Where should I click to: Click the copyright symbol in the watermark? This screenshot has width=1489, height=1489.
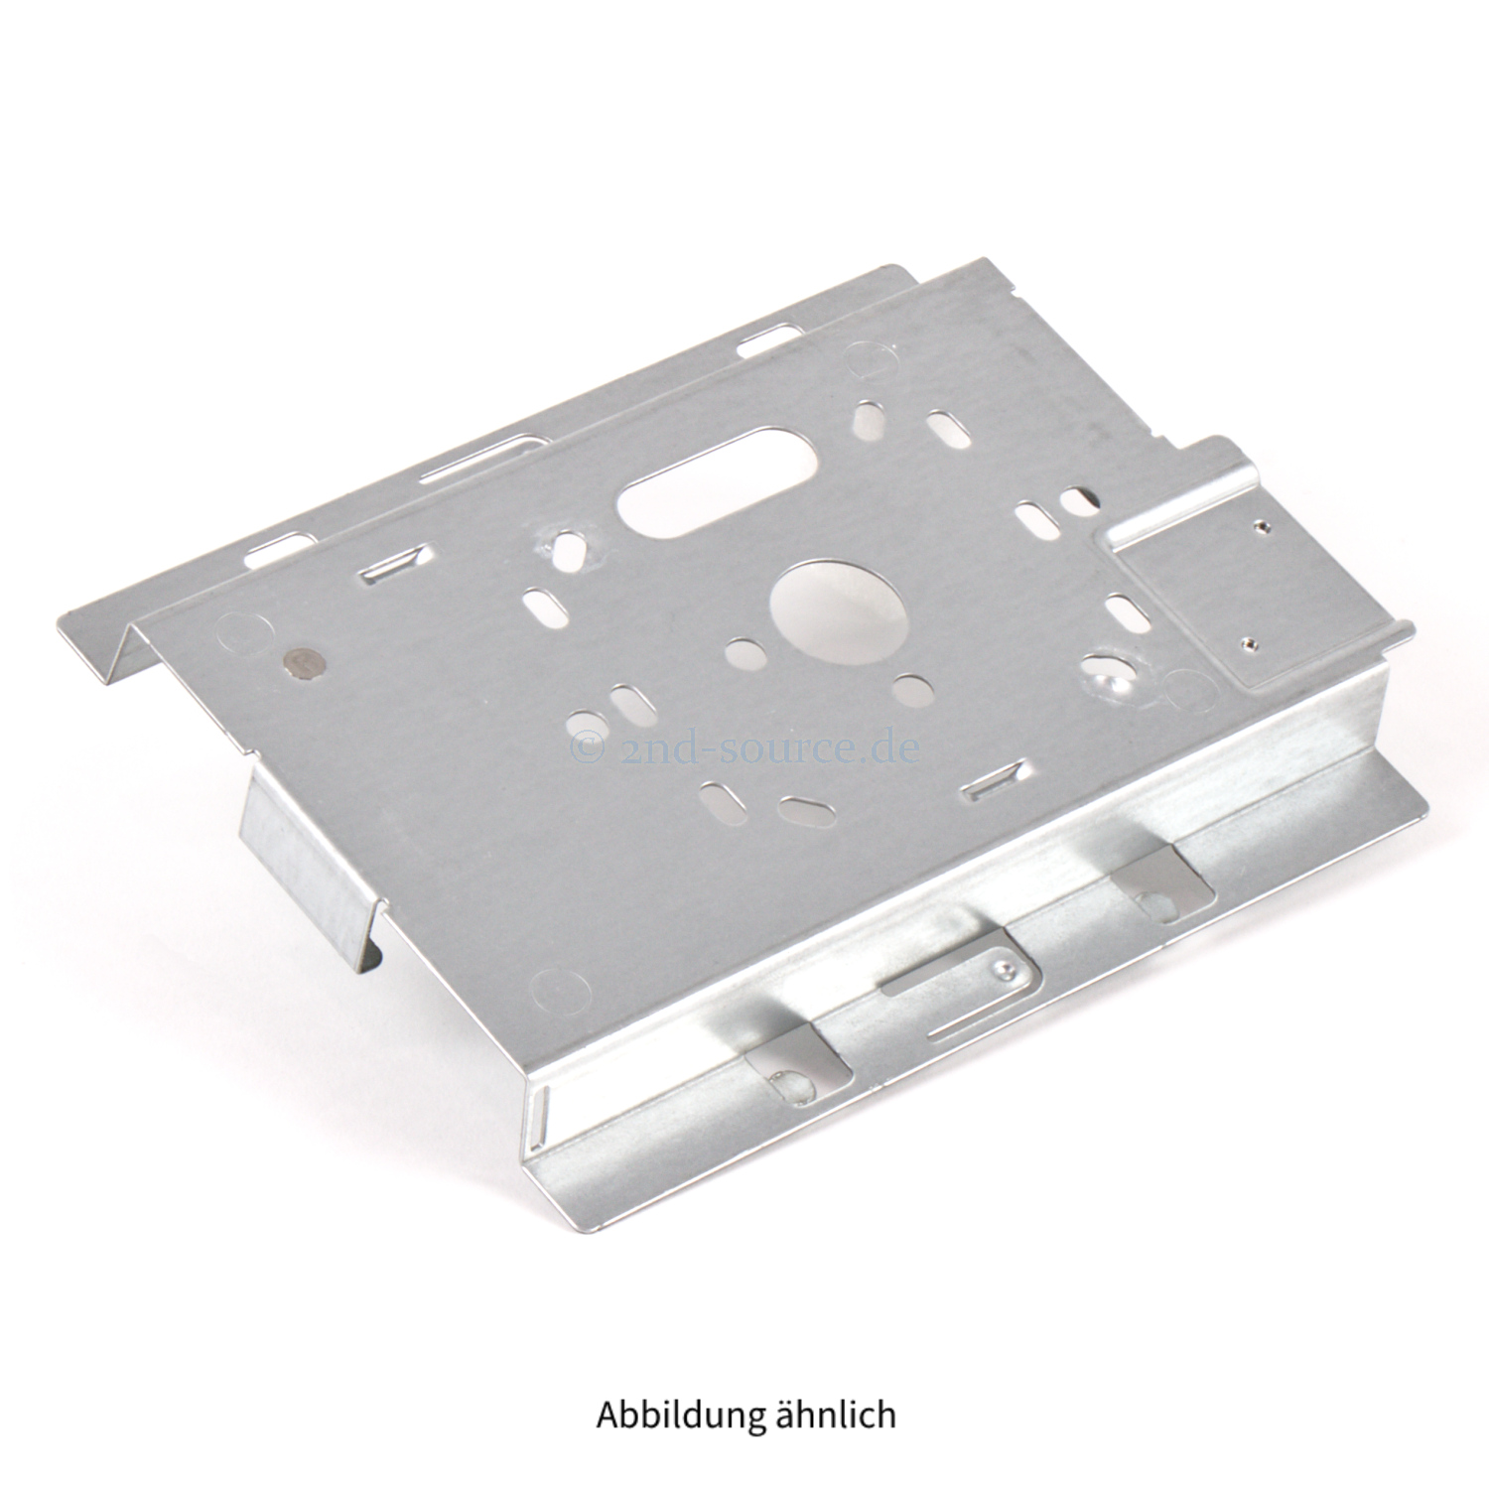[x=589, y=744]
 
